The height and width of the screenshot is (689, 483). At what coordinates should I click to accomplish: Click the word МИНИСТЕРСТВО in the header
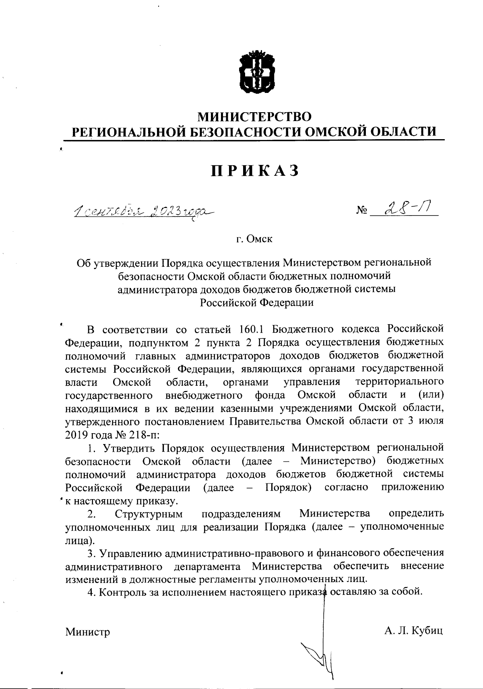click(x=256, y=117)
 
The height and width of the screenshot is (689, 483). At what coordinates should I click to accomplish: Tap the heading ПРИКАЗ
click(x=256, y=171)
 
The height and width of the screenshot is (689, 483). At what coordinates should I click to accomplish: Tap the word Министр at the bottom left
click(x=88, y=632)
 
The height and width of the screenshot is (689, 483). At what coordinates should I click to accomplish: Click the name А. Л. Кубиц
click(x=413, y=630)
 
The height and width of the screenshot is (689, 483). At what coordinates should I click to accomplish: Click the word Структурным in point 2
click(x=149, y=514)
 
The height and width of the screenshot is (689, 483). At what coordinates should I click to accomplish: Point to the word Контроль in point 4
click(x=121, y=592)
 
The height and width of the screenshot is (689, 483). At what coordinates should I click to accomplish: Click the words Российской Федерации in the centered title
click(x=256, y=302)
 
